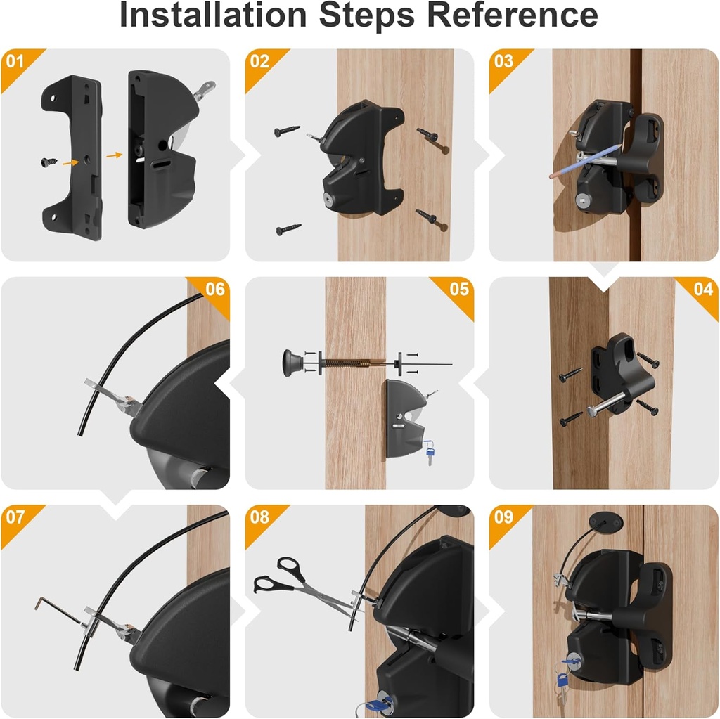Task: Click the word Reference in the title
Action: click(x=516, y=15)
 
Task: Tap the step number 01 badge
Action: click(x=15, y=61)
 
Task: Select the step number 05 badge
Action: click(x=458, y=289)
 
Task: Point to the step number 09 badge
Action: click(x=503, y=517)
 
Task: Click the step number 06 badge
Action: click(x=214, y=289)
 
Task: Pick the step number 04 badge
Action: click(x=703, y=289)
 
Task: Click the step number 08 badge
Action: click(x=259, y=517)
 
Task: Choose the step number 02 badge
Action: click(x=259, y=61)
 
